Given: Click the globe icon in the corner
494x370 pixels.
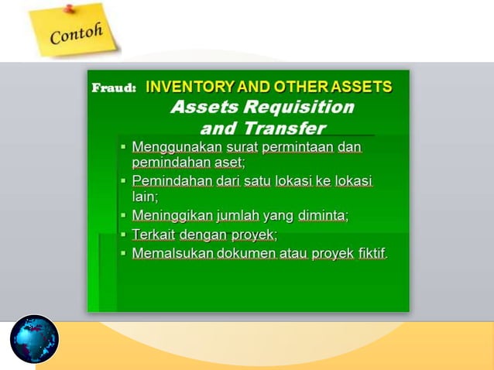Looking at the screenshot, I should click(x=34, y=340).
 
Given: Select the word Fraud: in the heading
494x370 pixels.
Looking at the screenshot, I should click(x=114, y=87).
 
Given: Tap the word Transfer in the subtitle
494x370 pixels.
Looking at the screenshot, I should click(x=285, y=128).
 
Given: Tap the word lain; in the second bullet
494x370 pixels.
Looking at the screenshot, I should click(x=145, y=197).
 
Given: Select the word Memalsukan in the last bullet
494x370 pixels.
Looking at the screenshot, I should click(x=173, y=253).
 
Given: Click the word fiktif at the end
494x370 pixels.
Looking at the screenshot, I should click(x=372, y=253).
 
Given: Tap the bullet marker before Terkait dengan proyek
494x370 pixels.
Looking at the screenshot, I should click(x=124, y=235).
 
